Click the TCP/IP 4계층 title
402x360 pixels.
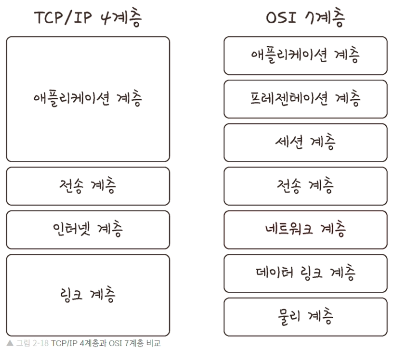point(88,18)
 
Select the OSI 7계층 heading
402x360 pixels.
point(305,18)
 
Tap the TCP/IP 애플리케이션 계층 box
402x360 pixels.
point(88,99)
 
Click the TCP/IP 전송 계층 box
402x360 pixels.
point(88,186)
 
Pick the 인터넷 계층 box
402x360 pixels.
point(88,230)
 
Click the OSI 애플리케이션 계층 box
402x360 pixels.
point(305,55)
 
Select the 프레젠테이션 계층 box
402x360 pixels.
point(305,99)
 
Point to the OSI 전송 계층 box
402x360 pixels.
point(305,186)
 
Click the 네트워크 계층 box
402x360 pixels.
point(305,230)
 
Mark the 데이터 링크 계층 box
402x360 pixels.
point(305,273)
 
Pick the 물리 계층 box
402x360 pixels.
point(305,317)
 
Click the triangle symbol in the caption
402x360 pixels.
point(9,344)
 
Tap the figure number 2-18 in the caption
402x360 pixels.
point(42,344)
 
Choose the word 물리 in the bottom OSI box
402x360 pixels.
point(288,317)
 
